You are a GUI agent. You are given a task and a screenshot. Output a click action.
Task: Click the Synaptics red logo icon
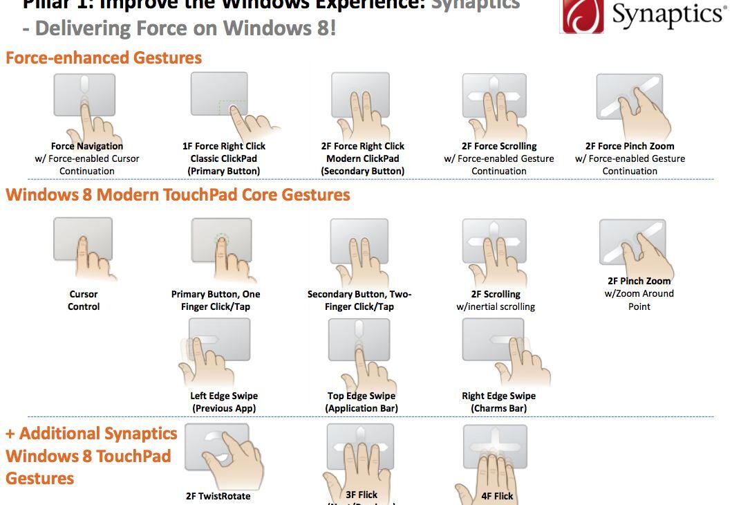point(582,16)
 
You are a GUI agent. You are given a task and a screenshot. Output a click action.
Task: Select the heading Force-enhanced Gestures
point(104,57)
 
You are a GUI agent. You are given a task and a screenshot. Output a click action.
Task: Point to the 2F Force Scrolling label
point(498,146)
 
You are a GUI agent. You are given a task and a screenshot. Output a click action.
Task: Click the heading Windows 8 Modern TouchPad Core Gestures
point(178,194)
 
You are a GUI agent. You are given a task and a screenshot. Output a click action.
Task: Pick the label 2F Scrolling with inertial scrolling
point(496,300)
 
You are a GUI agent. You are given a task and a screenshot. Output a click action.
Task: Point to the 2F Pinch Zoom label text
point(639,281)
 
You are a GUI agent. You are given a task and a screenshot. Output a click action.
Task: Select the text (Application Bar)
point(361,408)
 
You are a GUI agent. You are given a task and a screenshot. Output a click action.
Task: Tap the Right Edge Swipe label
point(498,396)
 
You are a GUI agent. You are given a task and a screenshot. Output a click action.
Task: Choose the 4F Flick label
point(498,495)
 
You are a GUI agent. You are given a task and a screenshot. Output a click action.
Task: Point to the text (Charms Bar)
point(498,408)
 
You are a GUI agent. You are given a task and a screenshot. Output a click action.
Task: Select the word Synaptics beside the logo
point(668,16)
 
